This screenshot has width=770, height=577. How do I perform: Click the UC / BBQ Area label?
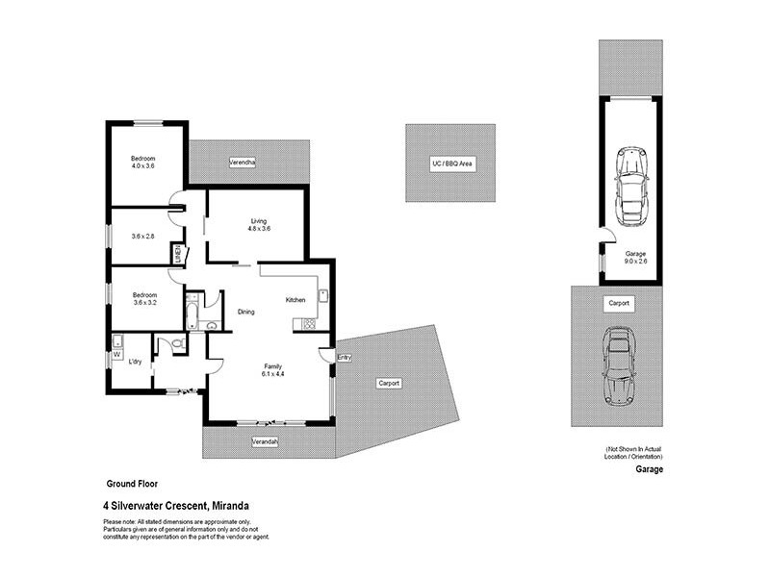click(450, 164)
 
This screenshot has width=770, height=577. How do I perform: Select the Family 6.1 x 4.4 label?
click(274, 369)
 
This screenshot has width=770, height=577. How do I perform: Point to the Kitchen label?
click(295, 300)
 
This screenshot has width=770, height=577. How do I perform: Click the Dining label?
click(246, 312)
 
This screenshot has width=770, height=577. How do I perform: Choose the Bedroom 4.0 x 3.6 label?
click(143, 162)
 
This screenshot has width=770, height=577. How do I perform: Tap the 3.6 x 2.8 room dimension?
click(143, 237)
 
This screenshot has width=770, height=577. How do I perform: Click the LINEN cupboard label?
click(178, 255)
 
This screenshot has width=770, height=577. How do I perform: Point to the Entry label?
click(345, 358)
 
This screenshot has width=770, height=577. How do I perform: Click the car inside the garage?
click(630, 183)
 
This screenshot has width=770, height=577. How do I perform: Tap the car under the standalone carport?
click(616, 365)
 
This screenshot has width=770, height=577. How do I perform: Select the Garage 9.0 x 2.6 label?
click(631, 259)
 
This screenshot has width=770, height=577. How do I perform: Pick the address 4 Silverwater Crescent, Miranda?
click(176, 504)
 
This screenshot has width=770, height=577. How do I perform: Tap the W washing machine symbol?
click(117, 354)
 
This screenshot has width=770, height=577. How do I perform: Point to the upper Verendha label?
click(242, 163)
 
